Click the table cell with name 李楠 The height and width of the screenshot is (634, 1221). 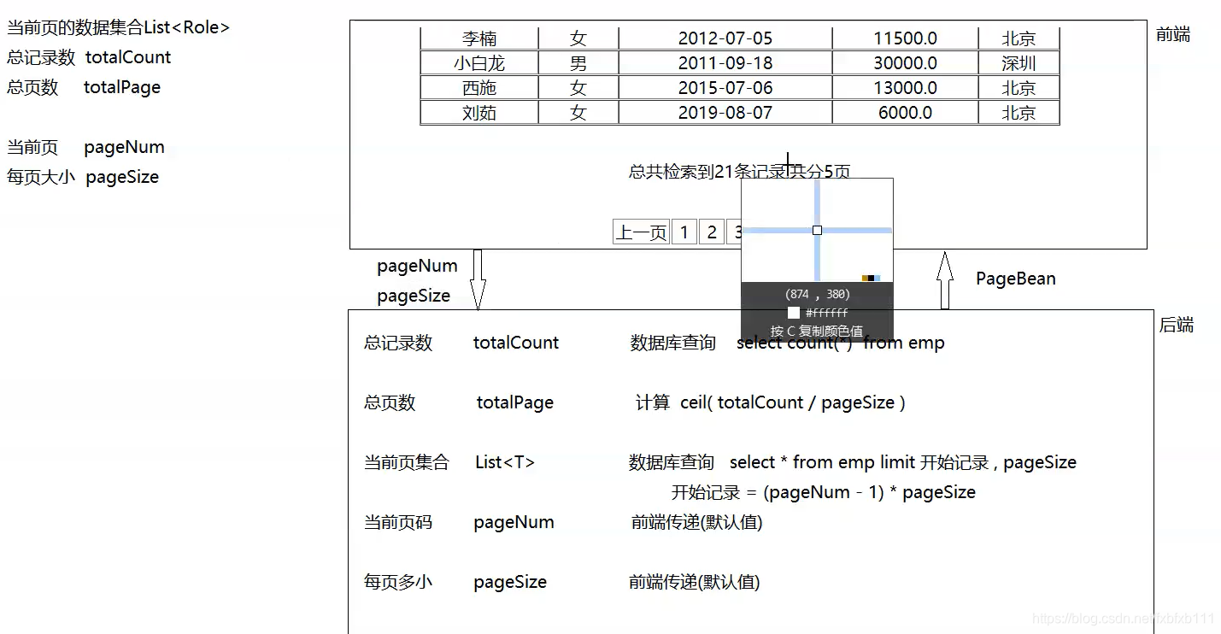[478, 38]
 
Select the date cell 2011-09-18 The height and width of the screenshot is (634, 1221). [725, 63]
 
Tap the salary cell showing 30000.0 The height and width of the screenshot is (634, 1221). [905, 63]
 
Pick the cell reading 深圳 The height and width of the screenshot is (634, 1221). [1018, 63]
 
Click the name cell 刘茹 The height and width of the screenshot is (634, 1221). [478, 113]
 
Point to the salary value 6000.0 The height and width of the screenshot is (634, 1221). [905, 113]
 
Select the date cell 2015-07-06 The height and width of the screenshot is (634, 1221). [725, 88]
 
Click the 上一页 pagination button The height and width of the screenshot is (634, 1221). [641, 232]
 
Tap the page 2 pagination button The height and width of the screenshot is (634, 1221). [711, 232]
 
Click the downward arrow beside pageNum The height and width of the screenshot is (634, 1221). [478, 279]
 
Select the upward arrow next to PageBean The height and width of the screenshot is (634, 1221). [944, 279]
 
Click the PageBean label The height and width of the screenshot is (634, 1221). [1015, 279]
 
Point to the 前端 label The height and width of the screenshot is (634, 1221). [1172, 35]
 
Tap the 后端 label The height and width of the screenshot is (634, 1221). [1176, 326]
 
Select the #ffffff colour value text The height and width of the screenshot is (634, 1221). [826, 313]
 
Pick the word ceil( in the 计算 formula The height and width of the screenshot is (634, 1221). [696, 402]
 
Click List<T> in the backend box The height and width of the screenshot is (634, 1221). [505, 462]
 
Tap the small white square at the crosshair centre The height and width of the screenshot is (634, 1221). [817, 230]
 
